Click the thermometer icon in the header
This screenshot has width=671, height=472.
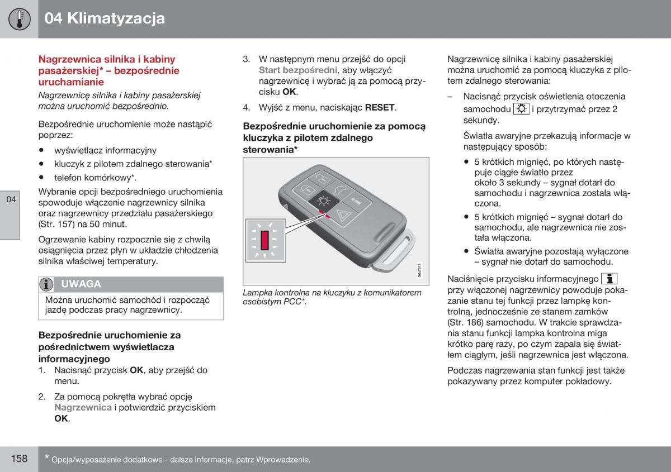(x=19, y=19)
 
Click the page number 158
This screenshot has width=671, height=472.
(x=19, y=459)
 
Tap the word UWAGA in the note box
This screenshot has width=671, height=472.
(x=81, y=284)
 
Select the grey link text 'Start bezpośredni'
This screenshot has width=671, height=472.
(x=297, y=70)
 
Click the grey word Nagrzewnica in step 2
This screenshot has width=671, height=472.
(x=83, y=408)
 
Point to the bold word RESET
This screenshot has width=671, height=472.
(x=380, y=107)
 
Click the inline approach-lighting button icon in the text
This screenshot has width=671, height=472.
(x=521, y=109)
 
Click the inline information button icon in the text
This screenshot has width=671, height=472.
(x=609, y=278)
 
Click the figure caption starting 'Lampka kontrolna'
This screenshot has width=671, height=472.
(x=332, y=297)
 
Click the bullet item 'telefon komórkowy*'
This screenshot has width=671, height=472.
(x=95, y=178)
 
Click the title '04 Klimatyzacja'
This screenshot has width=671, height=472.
(x=105, y=18)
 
